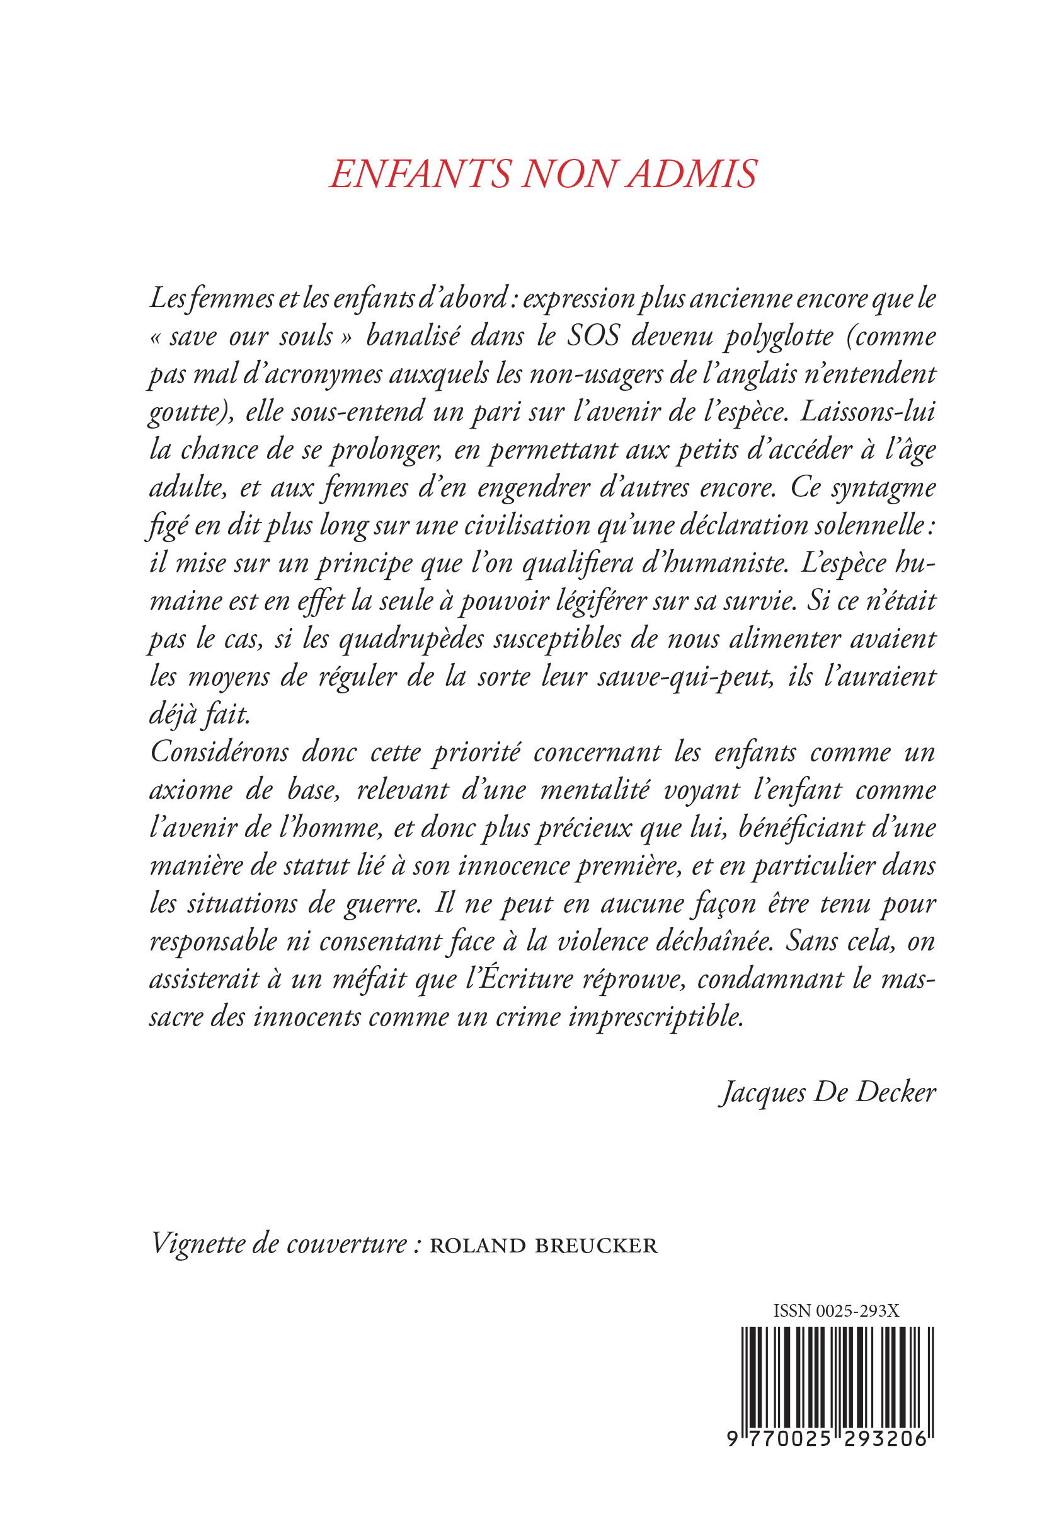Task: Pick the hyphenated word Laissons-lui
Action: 869,412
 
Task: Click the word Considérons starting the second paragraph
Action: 219,753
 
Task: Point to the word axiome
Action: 191,790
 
